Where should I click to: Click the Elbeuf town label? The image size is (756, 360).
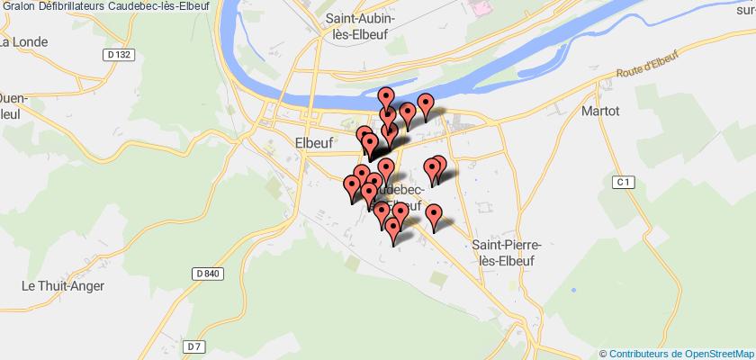[x=315, y=140]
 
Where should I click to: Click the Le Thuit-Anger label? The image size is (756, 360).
[x=63, y=286]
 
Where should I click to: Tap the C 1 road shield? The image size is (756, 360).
[x=621, y=183]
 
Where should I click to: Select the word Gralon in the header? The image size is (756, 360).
[x=18, y=6]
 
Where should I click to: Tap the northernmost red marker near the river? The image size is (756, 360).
[x=387, y=97]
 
